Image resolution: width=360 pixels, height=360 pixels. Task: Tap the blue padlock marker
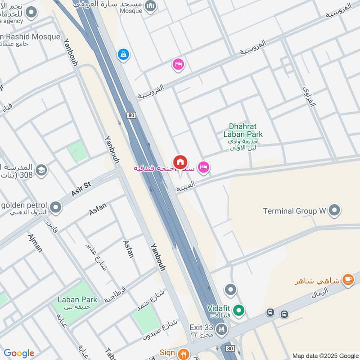123,55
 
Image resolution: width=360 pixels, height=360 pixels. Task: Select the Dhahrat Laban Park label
243,130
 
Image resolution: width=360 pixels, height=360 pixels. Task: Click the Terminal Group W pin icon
334,210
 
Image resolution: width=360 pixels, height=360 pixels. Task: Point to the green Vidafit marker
240,310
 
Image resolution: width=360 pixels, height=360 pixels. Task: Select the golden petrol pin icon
56,207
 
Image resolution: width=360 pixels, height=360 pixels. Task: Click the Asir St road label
81,189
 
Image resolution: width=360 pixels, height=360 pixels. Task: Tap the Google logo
19,353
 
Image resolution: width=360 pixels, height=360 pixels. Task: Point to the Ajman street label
35,243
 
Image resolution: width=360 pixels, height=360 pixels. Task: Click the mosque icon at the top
151,5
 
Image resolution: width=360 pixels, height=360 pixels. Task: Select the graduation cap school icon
41,170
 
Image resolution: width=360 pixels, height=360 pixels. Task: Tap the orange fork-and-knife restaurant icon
183,354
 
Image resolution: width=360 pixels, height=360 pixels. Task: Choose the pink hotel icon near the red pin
203,167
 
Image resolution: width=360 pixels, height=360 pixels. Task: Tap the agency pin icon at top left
31,13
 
